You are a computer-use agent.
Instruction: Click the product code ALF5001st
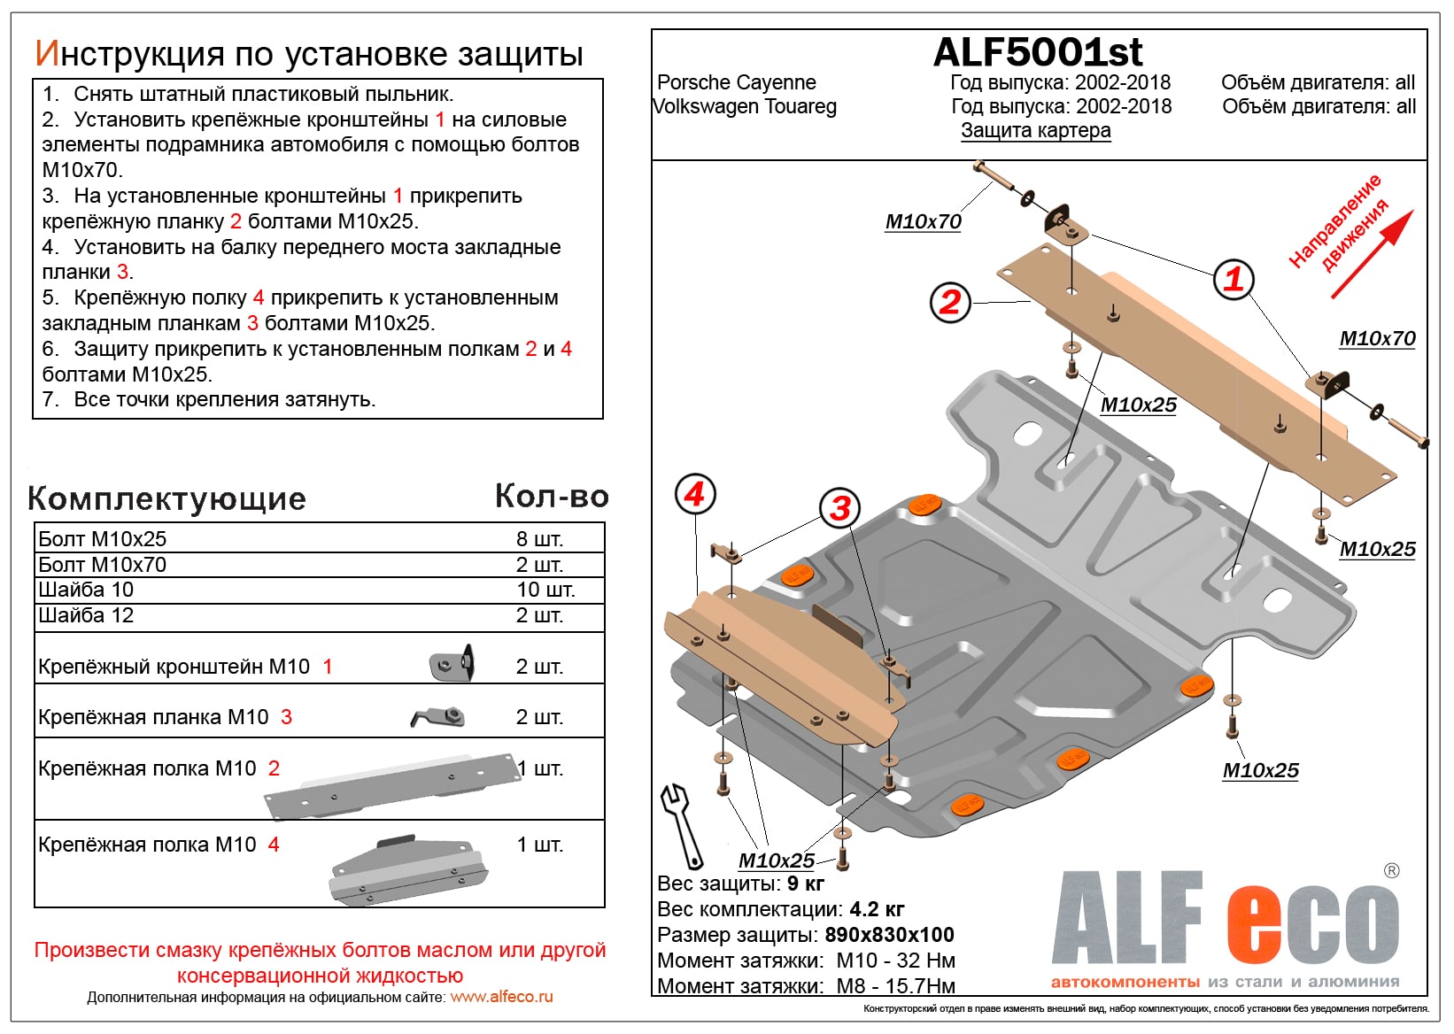[1037, 53]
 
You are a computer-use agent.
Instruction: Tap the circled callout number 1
[1234, 280]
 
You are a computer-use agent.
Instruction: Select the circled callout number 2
[950, 302]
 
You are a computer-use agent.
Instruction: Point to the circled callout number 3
[839, 508]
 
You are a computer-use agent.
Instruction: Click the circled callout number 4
[695, 494]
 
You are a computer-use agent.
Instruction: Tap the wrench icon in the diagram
[681, 824]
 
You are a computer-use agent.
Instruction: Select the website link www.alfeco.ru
[501, 997]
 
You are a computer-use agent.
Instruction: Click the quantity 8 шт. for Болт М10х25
[539, 539]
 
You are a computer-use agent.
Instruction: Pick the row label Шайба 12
[86, 615]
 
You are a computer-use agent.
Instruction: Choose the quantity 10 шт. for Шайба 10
[545, 590]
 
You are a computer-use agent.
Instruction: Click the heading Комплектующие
[166, 498]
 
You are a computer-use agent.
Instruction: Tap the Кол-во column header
[551, 497]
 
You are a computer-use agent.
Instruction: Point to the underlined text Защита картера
[1035, 131]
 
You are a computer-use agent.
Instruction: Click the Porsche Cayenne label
[736, 82]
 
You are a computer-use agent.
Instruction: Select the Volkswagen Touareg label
[745, 107]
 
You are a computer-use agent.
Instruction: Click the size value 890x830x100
[889, 935]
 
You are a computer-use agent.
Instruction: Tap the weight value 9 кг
[805, 884]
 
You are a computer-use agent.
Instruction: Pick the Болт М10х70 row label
[102, 565]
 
